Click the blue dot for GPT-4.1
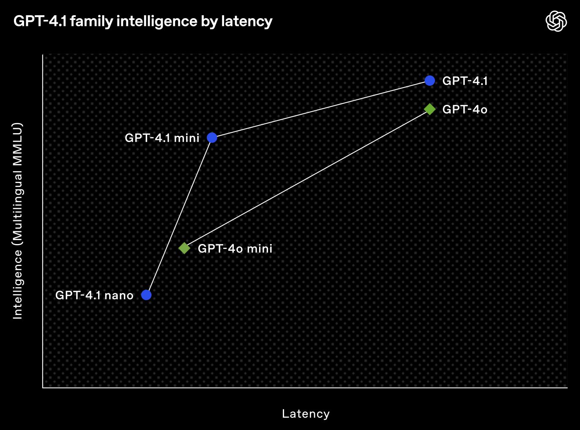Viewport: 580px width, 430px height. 430,81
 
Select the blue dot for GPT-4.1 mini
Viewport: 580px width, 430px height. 212,138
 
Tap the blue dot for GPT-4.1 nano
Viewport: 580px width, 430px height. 146,295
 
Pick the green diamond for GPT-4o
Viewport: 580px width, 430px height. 430,109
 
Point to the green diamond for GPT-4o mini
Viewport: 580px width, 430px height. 184,248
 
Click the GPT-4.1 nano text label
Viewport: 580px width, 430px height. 94,295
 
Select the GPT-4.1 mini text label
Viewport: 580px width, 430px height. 162,138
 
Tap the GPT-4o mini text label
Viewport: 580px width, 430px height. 235,248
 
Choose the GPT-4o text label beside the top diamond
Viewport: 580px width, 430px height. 465,110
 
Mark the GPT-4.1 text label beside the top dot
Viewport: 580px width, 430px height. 465,81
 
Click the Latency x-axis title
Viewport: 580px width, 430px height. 306,414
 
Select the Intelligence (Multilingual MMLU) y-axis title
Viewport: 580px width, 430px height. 17,221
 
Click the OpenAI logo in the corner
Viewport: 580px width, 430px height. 556,21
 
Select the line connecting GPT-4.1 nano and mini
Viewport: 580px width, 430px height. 179,216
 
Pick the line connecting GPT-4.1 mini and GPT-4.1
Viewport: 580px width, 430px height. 321,109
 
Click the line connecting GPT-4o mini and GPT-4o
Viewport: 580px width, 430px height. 307,179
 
